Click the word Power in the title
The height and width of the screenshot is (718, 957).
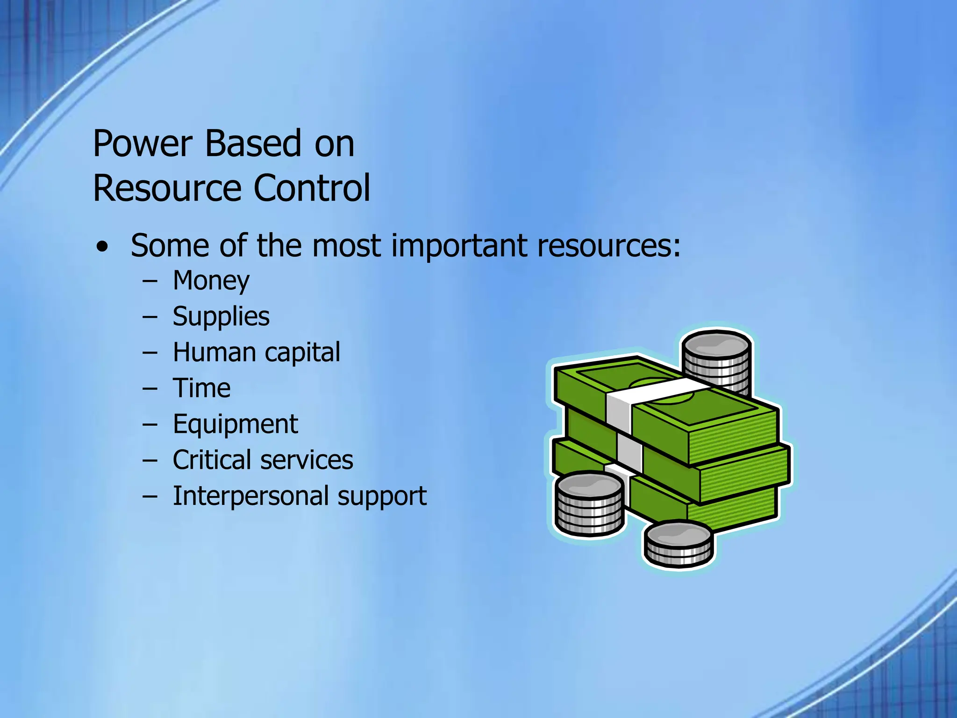point(143,144)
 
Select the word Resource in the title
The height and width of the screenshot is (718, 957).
point(166,188)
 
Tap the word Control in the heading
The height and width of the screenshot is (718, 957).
point(312,188)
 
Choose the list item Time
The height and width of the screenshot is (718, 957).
point(201,388)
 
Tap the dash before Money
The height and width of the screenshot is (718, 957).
point(150,282)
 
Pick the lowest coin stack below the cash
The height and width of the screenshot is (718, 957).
point(678,545)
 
